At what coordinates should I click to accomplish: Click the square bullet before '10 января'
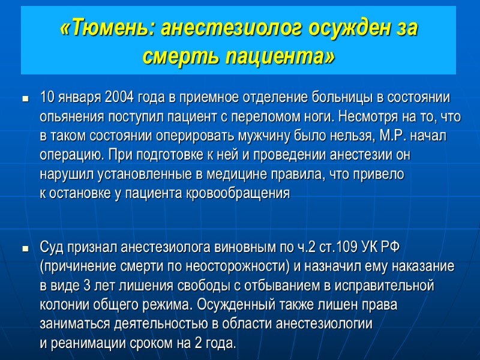[25, 98]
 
